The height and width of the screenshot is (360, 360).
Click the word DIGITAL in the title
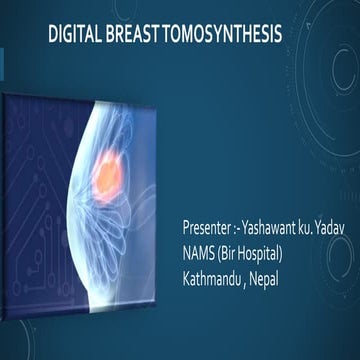pos(74,36)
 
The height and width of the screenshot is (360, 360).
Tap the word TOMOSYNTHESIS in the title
pos(219,36)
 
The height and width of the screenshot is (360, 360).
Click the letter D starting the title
pos(53,36)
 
